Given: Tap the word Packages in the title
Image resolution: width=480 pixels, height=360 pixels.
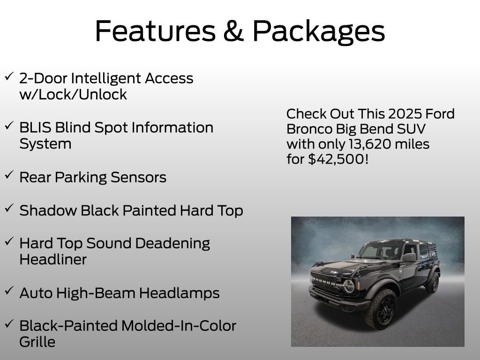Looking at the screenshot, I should click(x=319, y=32).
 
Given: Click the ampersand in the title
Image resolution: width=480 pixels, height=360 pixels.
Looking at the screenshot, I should click(x=233, y=31).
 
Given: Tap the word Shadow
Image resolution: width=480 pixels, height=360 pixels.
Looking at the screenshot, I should click(x=48, y=210).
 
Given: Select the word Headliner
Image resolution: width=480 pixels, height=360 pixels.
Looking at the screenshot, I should click(x=52, y=259).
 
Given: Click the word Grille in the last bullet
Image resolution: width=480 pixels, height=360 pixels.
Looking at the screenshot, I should click(x=37, y=342).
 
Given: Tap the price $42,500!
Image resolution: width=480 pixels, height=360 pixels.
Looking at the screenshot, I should click(x=338, y=159).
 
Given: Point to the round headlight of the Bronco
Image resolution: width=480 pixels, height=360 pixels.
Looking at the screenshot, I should click(x=348, y=286).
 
